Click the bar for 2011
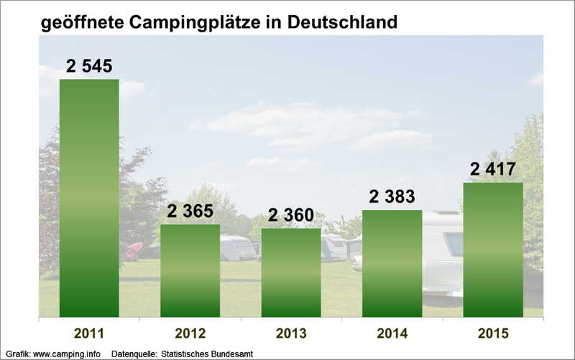tap(89, 198)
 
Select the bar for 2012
tap(190, 270)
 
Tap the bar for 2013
tap(291, 272)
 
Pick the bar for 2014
tap(392, 263)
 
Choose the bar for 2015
tap(493, 249)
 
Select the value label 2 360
tap(291, 216)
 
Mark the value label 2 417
tap(493, 170)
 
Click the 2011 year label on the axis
tap(89, 333)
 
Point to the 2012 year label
tap(190, 333)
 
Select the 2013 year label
tap(291, 333)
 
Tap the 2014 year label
tap(392, 333)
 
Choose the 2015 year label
tap(493, 333)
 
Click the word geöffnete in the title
tap(81, 22)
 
